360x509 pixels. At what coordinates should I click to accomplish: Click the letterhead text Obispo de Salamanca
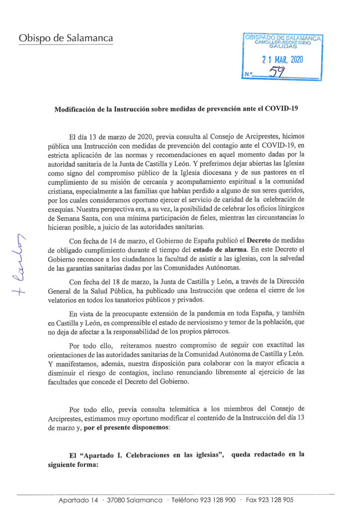tap(66, 38)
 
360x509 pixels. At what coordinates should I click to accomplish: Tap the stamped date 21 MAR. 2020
tap(282, 60)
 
